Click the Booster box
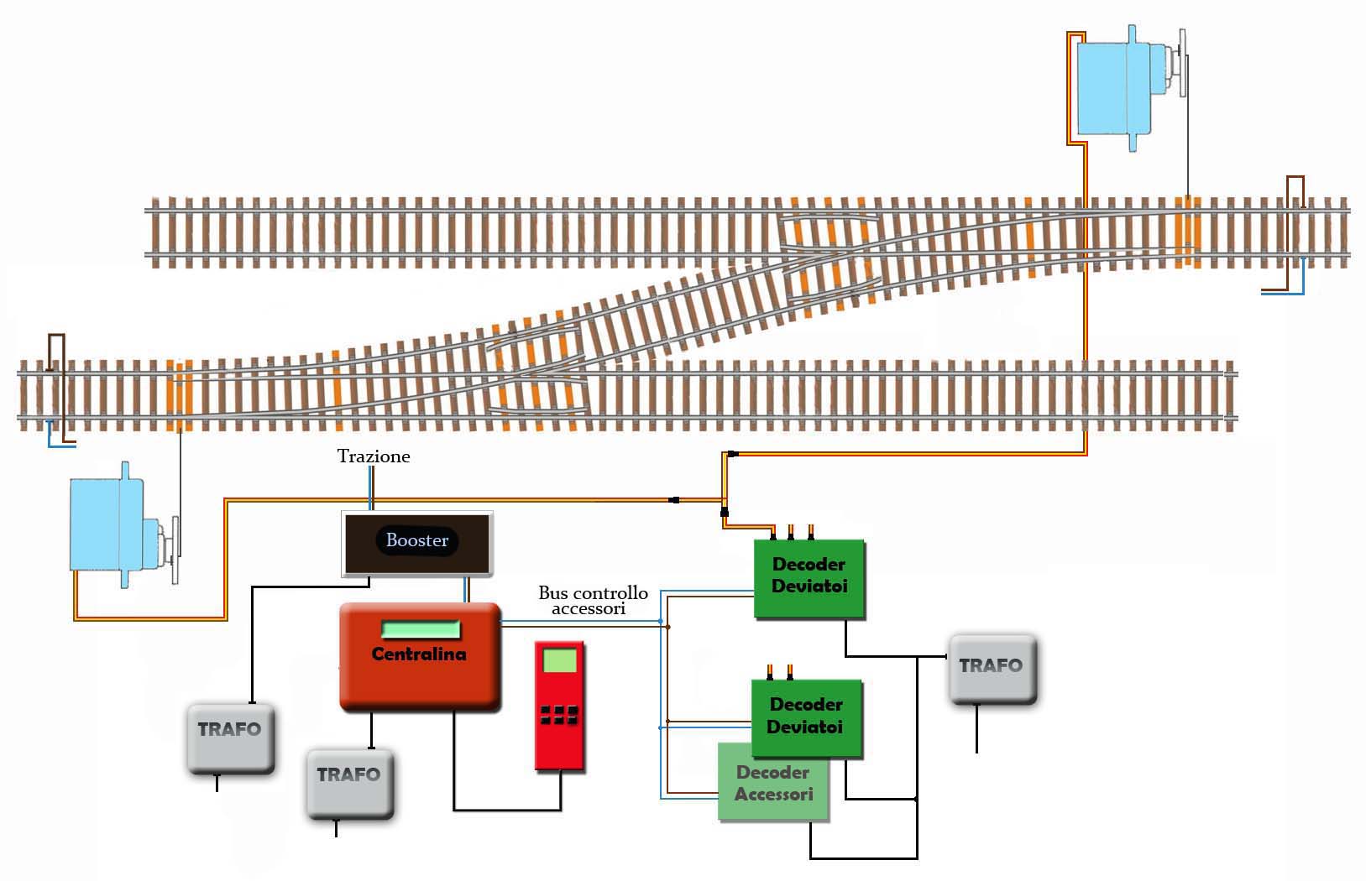pos(416,543)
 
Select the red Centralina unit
pos(419,671)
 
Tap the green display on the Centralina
pos(421,629)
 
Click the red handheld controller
pos(560,706)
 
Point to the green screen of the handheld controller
pos(560,660)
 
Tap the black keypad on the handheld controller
pos(559,714)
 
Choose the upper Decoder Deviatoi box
pos(809,580)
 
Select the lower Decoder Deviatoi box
pos(806,718)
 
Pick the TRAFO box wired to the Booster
pos(230,738)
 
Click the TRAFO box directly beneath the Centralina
pos(349,783)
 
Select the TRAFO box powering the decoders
pos(992,669)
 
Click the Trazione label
pos(374,456)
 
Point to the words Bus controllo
pos(593,593)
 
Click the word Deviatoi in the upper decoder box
pos(809,586)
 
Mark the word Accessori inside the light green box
pos(773,795)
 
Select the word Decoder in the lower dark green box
pos(805,704)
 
